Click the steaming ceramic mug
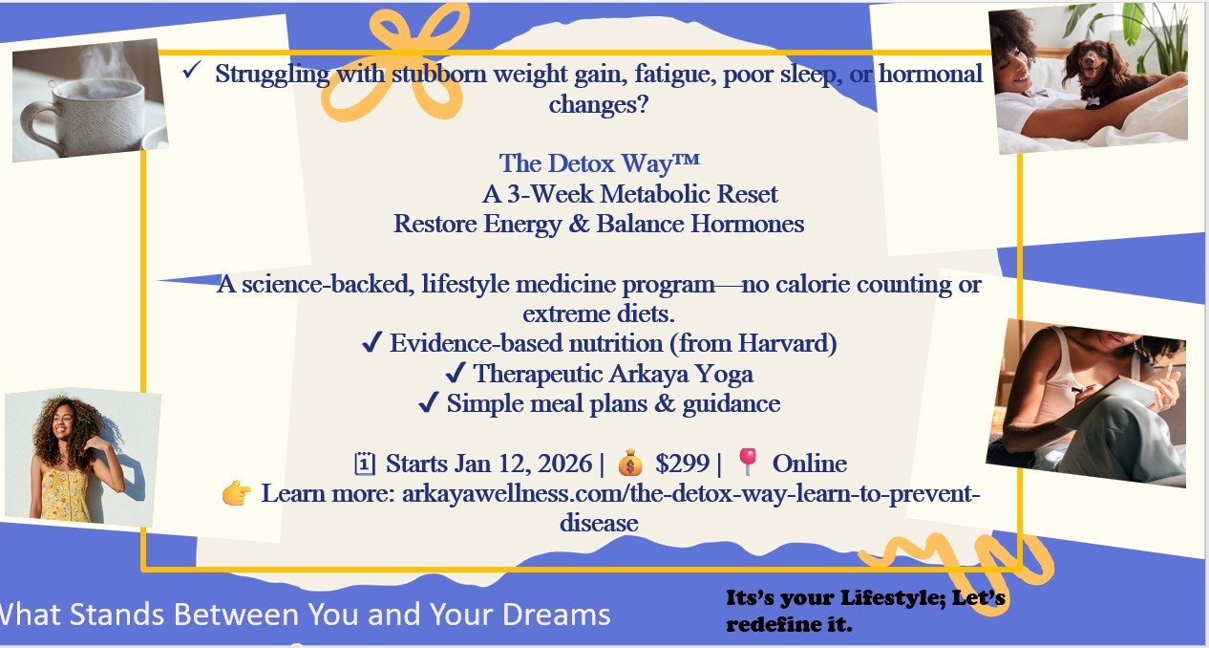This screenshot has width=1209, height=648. coord(86,115)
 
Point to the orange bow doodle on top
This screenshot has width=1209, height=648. coord(398,60)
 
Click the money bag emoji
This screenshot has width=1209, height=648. coord(630,463)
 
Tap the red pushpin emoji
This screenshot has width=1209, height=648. coord(748,462)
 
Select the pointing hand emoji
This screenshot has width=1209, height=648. coord(237,493)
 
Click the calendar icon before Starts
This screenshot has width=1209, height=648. coord(365,464)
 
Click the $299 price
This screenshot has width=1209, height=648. coord(682,464)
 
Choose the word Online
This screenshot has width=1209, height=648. coord(809,464)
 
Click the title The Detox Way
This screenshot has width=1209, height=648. coord(599,163)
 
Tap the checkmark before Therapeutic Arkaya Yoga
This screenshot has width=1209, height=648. coord(456,373)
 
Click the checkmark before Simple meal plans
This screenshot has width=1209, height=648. coord(429,402)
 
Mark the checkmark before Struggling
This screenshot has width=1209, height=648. coord(192,70)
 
